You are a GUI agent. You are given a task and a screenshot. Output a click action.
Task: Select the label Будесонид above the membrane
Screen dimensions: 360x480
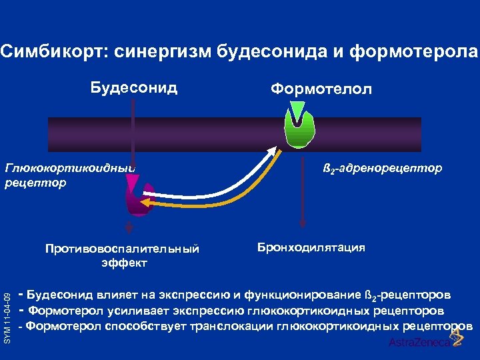click(x=134, y=88)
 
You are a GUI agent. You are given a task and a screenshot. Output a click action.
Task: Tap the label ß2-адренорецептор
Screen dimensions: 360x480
click(x=382, y=168)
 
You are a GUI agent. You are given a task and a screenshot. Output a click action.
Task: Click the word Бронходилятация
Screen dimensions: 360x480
click(x=311, y=247)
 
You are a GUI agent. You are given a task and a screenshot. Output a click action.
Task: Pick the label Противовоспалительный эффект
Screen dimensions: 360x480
click(x=123, y=255)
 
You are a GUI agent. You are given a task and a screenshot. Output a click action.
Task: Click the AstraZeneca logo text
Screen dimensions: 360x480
click(x=414, y=343)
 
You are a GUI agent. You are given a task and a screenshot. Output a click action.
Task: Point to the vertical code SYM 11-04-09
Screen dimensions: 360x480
click(x=7, y=294)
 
